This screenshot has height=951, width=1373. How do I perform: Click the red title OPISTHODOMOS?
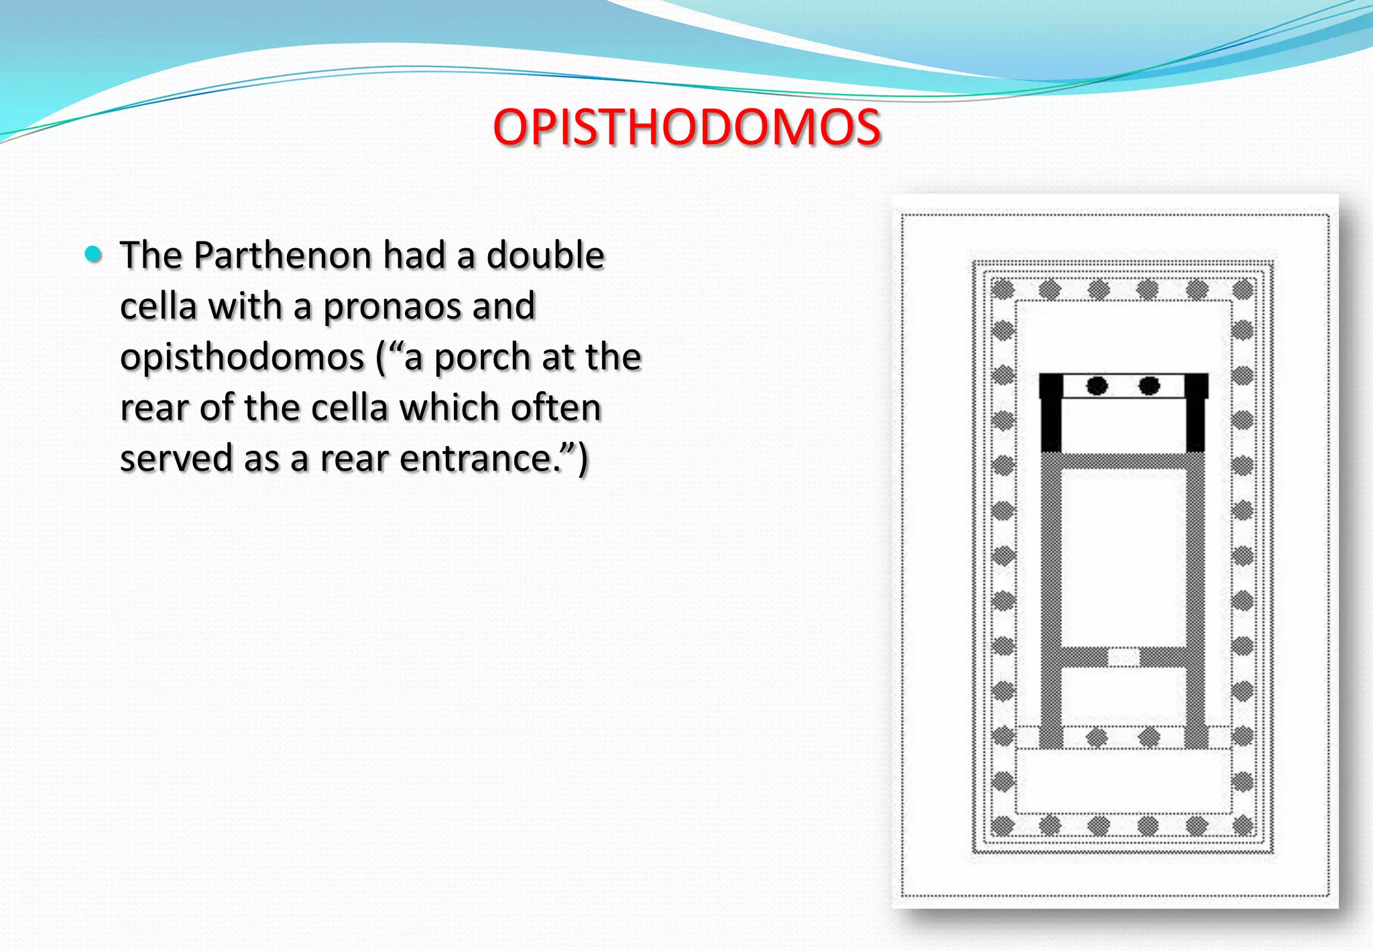(x=686, y=127)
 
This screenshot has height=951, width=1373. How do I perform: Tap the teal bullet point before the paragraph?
(x=93, y=254)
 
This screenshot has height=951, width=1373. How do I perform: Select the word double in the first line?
(x=545, y=256)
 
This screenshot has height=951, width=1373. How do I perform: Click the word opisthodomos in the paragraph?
(x=242, y=357)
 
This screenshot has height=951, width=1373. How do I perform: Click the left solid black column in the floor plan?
(x=1096, y=386)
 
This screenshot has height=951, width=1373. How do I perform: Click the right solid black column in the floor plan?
(x=1149, y=386)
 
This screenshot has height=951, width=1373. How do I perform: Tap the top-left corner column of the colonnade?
(x=1002, y=290)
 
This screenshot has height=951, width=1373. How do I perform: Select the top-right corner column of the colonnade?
(x=1243, y=290)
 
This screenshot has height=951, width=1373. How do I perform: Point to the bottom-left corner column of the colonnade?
(x=1002, y=826)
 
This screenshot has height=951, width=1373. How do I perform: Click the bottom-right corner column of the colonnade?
(x=1243, y=826)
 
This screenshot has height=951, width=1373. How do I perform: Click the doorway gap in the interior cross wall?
(x=1123, y=656)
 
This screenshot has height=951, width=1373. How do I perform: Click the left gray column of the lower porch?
(x=1096, y=738)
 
